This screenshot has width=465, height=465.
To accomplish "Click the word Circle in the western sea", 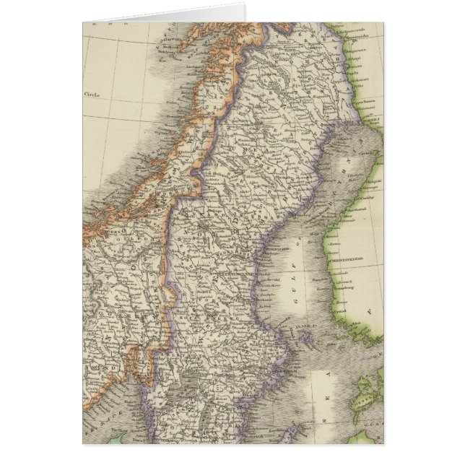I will point(91,95).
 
